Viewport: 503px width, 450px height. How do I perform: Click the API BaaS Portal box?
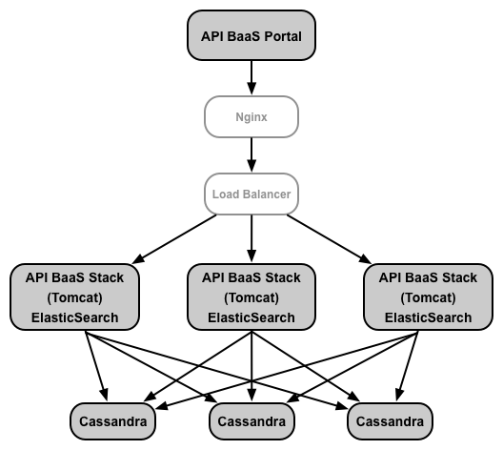pyautogui.click(x=251, y=35)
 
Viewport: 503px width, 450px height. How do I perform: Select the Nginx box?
pyautogui.click(x=251, y=117)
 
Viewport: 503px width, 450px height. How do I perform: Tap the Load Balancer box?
pyautogui.click(x=251, y=194)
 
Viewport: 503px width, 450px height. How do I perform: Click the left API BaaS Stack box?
pyautogui.click(x=74, y=297)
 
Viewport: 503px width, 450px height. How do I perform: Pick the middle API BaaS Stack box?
pyautogui.click(x=251, y=297)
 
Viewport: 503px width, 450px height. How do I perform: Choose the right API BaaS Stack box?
pyautogui.click(x=429, y=297)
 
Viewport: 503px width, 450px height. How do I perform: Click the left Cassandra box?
pyautogui.click(x=113, y=421)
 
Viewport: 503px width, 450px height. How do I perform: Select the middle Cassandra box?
pyautogui.click(x=251, y=421)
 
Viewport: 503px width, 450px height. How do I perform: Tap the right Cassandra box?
pyautogui.click(x=390, y=421)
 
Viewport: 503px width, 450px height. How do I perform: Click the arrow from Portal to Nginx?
pyautogui.click(x=251, y=77)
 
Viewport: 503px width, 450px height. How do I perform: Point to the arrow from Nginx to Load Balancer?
pyautogui.click(x=251, y=155)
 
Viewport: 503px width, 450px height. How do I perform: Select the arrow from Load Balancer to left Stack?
pyautogui.click(x=174, y=239)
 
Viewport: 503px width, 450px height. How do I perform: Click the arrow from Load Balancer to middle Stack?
pyautogui.click(x=251, y=238)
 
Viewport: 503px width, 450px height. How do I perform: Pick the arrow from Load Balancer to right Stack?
pyautogui.click(x=329, y=239)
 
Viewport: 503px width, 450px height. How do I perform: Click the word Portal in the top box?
pyautogui.click(x=283, y=36)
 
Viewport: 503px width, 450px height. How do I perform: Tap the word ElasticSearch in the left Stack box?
pyautogui.click(x=74, y=317)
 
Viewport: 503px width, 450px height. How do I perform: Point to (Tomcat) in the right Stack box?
pyautogui.click(x=429, y=297)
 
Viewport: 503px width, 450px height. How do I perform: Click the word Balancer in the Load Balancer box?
pyautogui.click(x=267, y=194)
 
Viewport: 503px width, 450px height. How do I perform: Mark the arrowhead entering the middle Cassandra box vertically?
pyautogui.click(x=251, y=395)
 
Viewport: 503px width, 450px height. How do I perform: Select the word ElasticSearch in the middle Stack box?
pyautogui.click(x=251, y=317)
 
